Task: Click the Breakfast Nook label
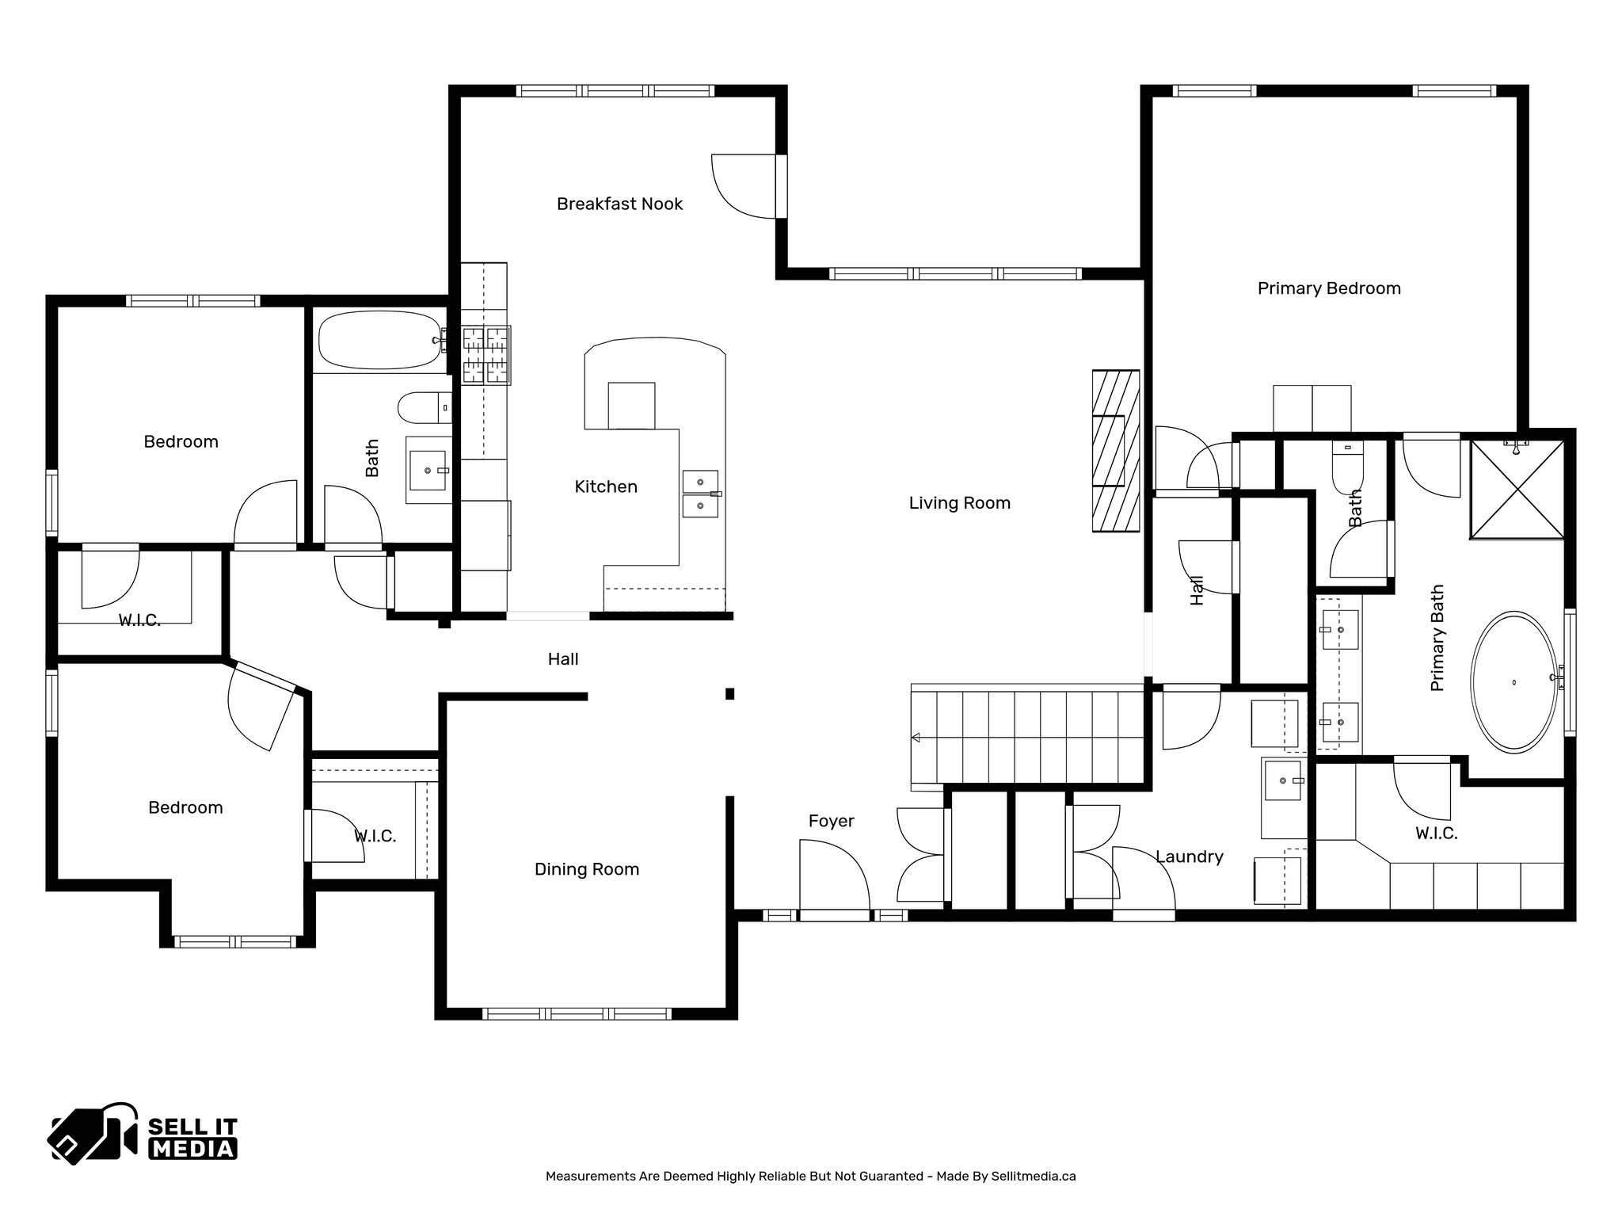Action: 619,204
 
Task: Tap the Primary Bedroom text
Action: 1329,288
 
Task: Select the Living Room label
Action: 959,503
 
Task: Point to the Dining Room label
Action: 587,869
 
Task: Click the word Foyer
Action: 831,822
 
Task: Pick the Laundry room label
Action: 1189,856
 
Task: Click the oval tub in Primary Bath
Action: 1513,681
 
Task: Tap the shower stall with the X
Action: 1517,490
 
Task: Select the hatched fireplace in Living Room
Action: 1115,452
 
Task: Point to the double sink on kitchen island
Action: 700,494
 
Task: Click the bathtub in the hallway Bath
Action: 379,340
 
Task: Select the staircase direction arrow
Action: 916,738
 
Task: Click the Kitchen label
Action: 606,487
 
